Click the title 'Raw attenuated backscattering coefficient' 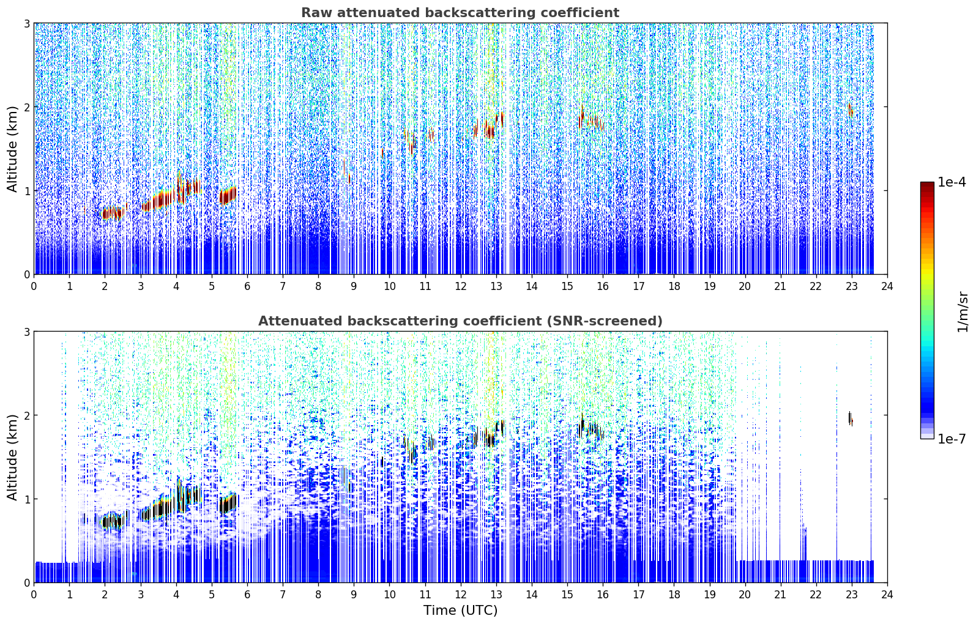(460, 13)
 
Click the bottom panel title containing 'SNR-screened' (460, 321)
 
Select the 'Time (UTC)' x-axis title (460, 610)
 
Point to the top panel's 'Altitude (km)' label (12, 149)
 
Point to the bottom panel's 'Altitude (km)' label (12, 457)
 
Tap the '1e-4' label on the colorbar (952, 182)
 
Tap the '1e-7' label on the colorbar (952, 439)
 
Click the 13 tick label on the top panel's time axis (496, 286)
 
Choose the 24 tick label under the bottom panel (887, 595)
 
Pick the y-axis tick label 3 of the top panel (26, 23)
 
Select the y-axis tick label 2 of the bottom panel (26, 415)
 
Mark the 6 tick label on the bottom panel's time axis (247, 595)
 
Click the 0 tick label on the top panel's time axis (34, 286)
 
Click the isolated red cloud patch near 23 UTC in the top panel (850, 110)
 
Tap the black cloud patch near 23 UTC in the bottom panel (850, 418)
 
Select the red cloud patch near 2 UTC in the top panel (112, 213)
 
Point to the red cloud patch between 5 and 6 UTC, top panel (228, 196)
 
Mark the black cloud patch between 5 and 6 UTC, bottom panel (228, 503)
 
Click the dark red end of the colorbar (927, 185)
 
